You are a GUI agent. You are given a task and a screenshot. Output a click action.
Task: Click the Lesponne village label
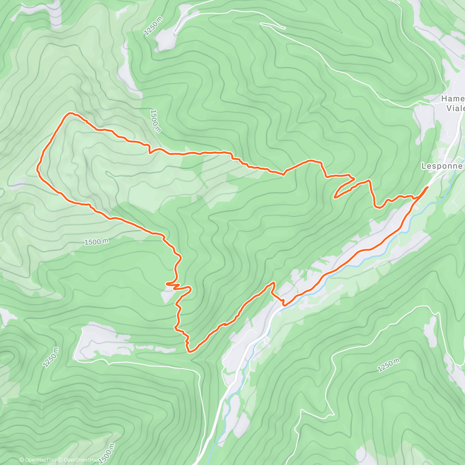[x=442, y=166]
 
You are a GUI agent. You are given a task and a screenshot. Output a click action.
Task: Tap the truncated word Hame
[x=453, y=99]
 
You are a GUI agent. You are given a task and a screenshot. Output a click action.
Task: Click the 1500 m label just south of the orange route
[x=96, y=242]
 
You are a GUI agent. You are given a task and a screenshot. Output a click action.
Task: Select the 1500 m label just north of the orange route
[x=155, y=121]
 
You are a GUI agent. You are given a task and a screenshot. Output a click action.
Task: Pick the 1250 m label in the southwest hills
[x=51, y=357]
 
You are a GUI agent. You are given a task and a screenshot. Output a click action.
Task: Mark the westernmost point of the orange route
[x=37, y=169]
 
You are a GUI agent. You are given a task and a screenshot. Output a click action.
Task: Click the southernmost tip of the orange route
[x=190, y=352]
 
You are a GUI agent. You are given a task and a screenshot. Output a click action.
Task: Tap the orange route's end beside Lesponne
[x=427, y=187]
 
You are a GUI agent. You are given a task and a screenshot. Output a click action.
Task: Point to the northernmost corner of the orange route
[x=70, y=113]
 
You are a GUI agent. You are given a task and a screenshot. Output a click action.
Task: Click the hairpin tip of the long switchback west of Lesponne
[x=334, y=197]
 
